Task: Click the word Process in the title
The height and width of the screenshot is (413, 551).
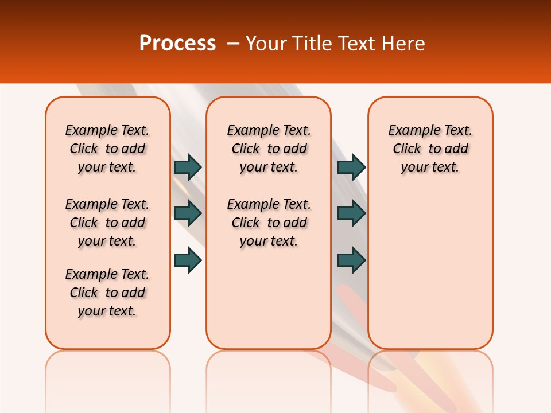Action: click(177, 44)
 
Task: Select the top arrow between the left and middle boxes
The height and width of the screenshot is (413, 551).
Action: click(188, 167)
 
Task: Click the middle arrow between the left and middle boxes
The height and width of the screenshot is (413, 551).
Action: click(188, 213)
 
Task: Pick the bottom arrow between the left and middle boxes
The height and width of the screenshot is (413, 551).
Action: click(188, 260)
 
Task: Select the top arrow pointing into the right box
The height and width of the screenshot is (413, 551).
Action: click(351, 167)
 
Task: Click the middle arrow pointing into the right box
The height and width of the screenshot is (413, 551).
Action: click(351, 213)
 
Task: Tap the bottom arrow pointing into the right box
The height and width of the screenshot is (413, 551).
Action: click(351, 260)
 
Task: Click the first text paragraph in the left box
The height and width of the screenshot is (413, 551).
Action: click(107, 149)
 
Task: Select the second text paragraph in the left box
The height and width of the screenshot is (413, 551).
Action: click(107, 223)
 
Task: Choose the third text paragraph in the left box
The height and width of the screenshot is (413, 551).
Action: click(107, 293)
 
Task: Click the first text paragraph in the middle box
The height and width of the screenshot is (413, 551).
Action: click(269, 149)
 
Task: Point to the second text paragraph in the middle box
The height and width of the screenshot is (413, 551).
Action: click(269, 223)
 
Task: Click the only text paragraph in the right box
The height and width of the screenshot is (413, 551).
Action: click(430, 149)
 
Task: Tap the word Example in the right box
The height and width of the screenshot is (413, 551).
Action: click(412, 131)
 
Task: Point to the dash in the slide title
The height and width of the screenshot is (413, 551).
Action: click(232, 44)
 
